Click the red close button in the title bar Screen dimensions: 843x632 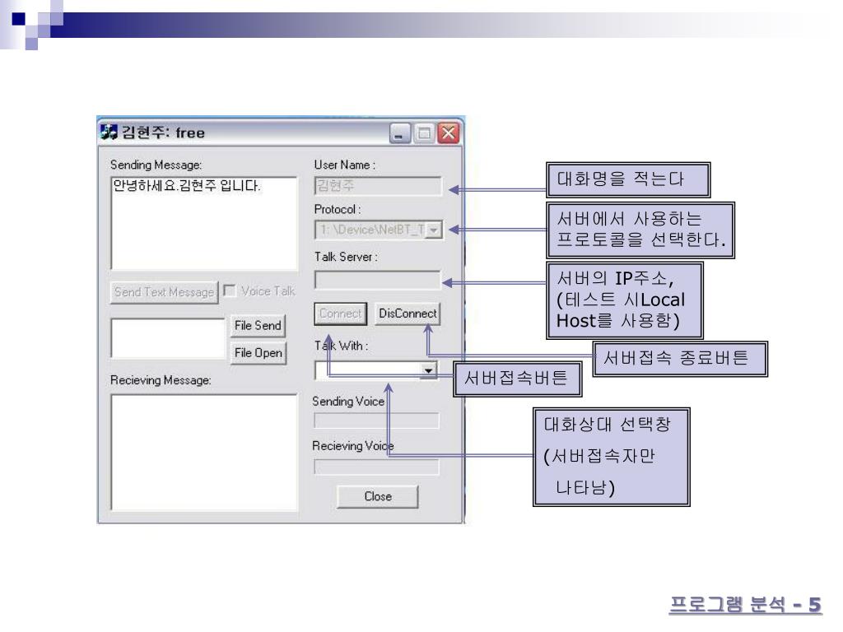click(x=448, y=132)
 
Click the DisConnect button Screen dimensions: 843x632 click(x=408, y=314)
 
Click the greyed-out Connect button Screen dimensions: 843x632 click(x=341, y=314)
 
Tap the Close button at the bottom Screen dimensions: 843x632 click(x=378, y=496)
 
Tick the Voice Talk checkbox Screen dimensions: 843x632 click(x=227, y=290)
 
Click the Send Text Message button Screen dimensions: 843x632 click(x=163, y=291)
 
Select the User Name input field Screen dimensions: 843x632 click(x=378, y=186)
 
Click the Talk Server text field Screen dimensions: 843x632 click(x=378, y=280)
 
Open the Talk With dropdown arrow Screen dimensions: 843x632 click(x=427, y=371)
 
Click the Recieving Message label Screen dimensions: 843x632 click(x=161, y=381)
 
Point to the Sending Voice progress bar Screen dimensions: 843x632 click(x=378, y=421)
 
